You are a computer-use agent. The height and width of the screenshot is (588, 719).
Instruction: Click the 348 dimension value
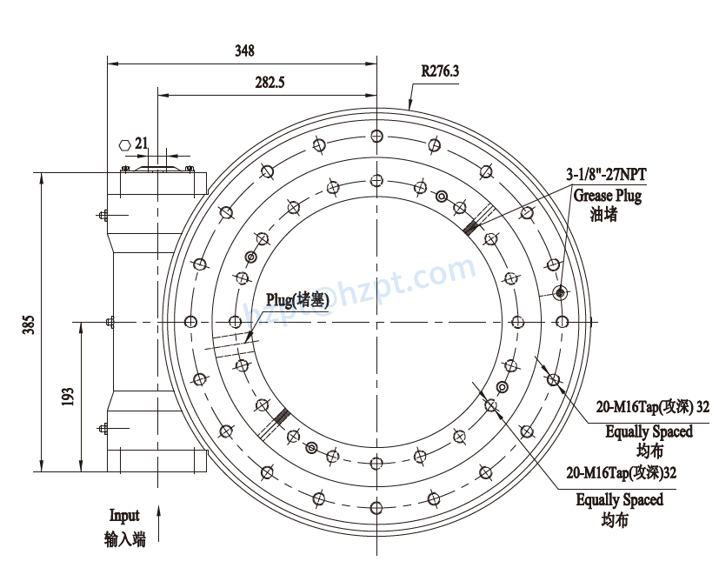pyautogui.click(x=244, y=51)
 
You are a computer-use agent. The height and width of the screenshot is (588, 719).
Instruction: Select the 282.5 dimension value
pyautogui.click(x=270, y=83)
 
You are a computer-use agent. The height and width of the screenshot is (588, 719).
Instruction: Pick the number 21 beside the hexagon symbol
pyautogui.click(x=143, y=142)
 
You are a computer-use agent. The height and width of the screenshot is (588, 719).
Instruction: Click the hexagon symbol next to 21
pyautogui.click(x=123, y=144)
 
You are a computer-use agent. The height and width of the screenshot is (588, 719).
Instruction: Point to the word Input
pyautogui.click(x=124, y=516)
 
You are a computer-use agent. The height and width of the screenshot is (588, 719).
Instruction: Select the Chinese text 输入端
pyautogui.click(x=124, y=540)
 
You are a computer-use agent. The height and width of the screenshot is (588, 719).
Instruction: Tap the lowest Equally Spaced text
pyautogui.click(x=619, y=499)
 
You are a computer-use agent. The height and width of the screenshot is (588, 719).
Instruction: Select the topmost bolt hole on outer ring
pyautogui.click(x=376, y=137)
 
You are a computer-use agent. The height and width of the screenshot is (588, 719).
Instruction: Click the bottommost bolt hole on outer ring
pyautogui.click(x=376, y=508)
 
